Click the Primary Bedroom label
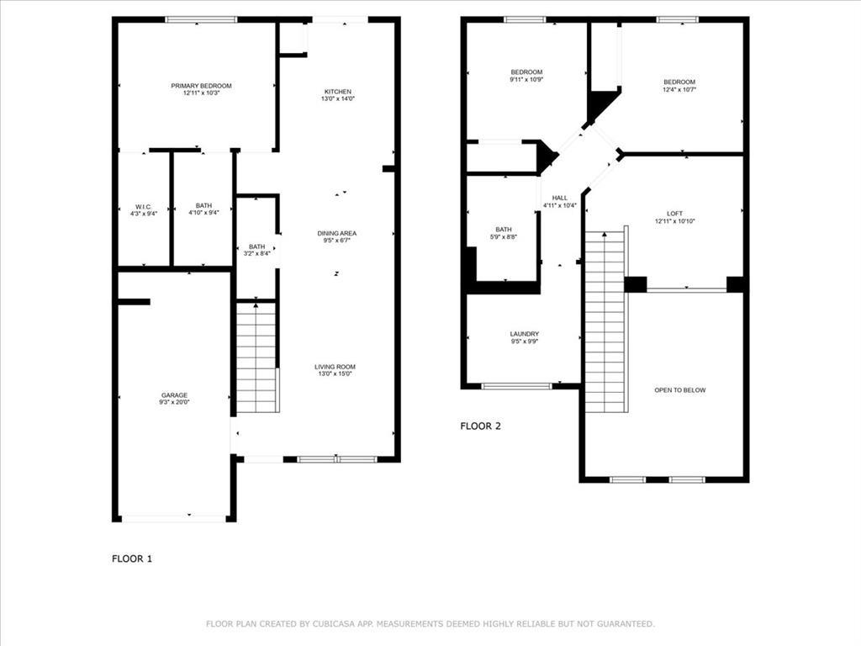click(201, 86)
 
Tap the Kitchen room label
click(338, 92)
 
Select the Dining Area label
click(337, 233)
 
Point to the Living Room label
click(335, 367)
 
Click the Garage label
click(175, 395)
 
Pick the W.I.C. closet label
click(143, 206)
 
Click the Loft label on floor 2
click(674, 214)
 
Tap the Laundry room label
click(525, 334)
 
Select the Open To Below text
click(680, 390)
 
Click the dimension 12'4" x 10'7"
click(679, 89)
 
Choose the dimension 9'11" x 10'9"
click(526, 80)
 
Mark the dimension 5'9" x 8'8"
click(504, 237)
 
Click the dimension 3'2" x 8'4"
click(256, 253)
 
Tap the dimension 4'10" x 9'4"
click(203, 213)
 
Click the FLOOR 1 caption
click(132, 558)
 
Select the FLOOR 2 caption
click(480, 426)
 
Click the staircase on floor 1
click(256, 357)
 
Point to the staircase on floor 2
click(605, 320)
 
